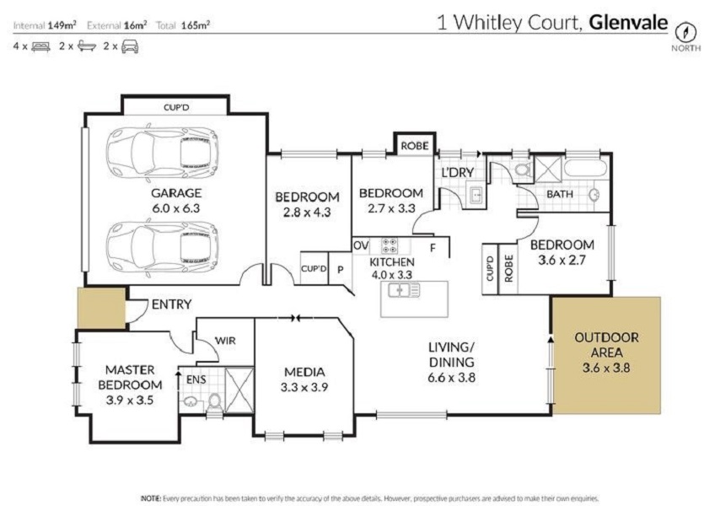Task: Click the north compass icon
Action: pos(685,32)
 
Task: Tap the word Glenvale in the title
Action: pos(628,23)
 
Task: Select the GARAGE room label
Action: pos(176,193)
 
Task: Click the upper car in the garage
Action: pos(162,153)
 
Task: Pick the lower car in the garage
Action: pos(162,247)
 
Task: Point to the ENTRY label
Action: pos(171,304)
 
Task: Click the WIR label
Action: pos(225,341)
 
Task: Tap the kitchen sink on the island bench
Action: pos(404,290)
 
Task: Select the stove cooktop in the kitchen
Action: pos(390,245)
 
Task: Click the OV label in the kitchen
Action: pos(361,246)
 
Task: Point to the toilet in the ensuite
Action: pos(214,402)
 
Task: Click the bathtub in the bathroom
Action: pos(585,169)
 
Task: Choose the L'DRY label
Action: pos(458,173)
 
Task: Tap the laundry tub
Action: pos(476,194)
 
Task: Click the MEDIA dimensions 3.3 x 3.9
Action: pos(304,387)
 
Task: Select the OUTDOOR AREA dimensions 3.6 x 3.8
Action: pos(606,368)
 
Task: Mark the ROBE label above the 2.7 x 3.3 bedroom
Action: pos(415,146)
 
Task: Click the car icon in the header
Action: pos(130,46)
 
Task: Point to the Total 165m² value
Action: pos(195,25)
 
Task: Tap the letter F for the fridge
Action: pos(433,248)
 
